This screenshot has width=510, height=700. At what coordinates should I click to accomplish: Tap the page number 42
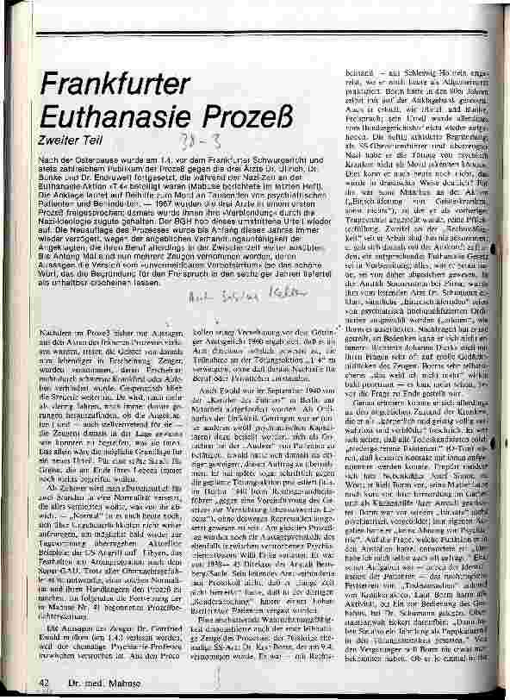pos(42,683)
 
